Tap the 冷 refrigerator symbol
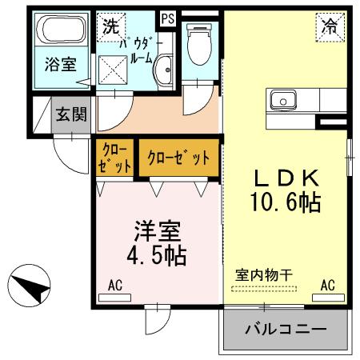click(330, 25)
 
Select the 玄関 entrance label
click(70, 114)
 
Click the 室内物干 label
click(263, 274)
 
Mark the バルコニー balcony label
click(286, 330)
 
